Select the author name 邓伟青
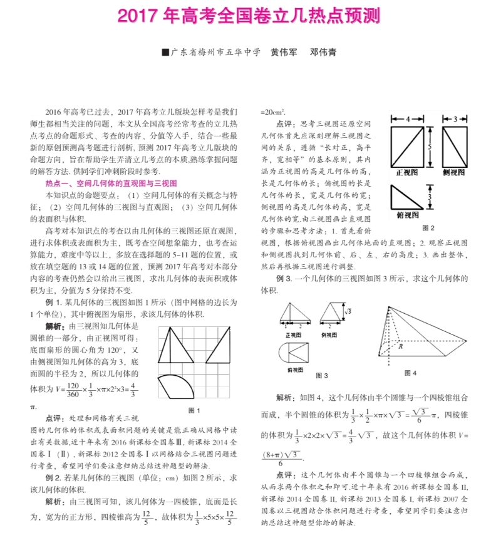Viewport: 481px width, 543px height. coord(323,52)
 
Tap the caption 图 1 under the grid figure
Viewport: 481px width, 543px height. coord(194,410)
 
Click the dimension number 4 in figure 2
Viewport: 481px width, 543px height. coord(408,119)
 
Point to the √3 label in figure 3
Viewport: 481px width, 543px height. coord(348,310)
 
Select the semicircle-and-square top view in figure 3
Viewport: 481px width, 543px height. coord(294,352)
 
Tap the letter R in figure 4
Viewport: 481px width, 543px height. coord(399,344)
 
